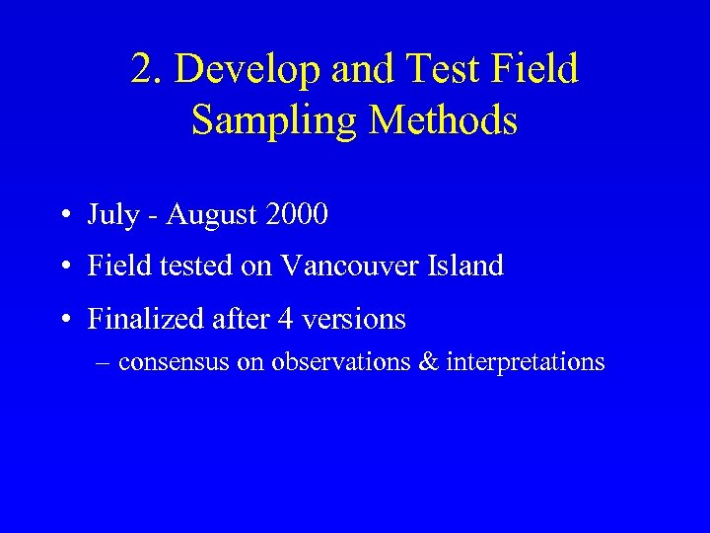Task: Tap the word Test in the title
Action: tap(449, 70)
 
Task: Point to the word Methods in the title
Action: tap(443, 121)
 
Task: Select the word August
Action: tap(210, 215)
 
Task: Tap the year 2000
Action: tap(295, 213)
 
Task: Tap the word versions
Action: tap(356, 320)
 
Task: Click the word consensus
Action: tap(174, 363)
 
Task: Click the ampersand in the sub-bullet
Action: tap(429, 362)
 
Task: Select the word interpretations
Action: tap(526, 363)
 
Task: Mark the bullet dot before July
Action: tap(64, 214)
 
